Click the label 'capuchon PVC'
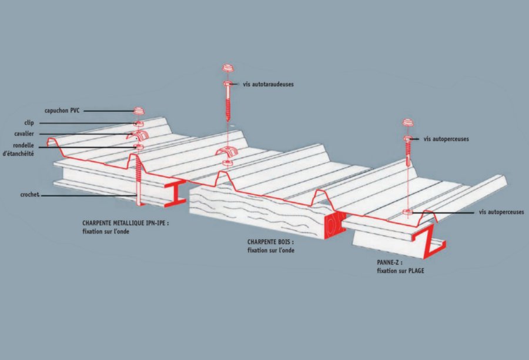click(62, 111)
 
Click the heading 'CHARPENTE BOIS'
click(270, 242)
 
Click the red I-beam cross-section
click(175, 194)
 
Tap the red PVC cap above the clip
click(139, 111)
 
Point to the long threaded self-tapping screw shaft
click(228, 106)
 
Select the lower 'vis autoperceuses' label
click(501, 212)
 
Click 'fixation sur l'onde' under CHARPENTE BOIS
click(271, 251)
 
